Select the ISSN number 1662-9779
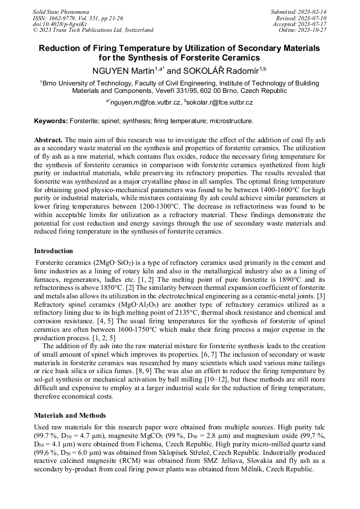click(66, 18)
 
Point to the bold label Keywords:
click(51, 121)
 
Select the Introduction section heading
click(54, 251)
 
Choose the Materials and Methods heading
click(70, 415)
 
